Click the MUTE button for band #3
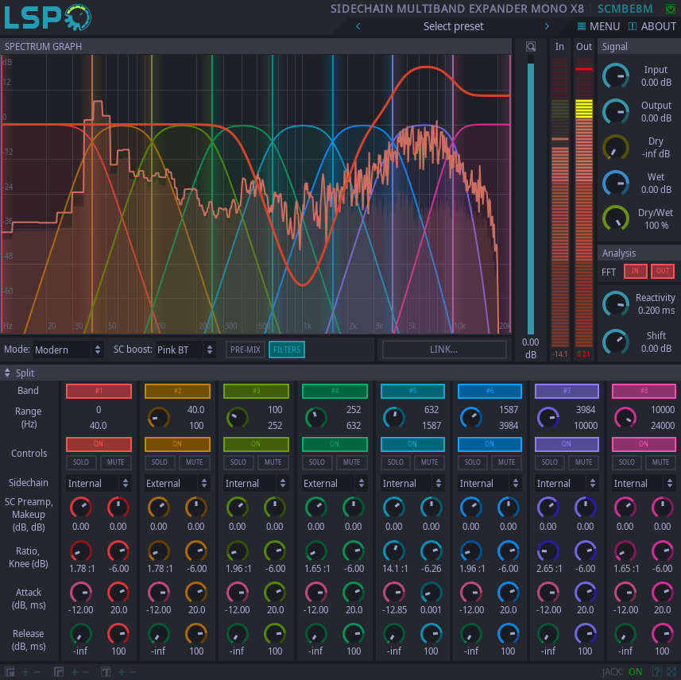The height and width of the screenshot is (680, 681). [273, 462]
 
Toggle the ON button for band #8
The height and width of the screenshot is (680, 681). [643, 444]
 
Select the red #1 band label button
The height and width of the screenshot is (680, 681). [99, 391]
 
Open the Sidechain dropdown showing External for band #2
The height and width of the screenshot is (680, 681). [177, 483]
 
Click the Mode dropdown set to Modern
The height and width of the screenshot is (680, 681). [68, 350]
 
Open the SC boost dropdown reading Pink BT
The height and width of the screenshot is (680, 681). [185, 350]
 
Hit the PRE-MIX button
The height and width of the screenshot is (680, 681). [245, 350]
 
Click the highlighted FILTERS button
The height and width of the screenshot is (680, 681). [286, 350]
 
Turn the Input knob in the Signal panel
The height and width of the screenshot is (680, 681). [614, 76]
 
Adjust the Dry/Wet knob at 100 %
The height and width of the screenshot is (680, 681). [614, 218]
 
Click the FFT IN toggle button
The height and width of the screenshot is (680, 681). [635, 272]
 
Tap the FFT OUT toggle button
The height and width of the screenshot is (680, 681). [662, 272]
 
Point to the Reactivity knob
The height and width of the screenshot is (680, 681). [614, 303]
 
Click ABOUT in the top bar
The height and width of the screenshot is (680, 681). [652, 26]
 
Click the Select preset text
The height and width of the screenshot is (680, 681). [453, 26]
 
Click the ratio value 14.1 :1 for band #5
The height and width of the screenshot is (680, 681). [393, 569]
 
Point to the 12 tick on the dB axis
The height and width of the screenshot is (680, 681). [7, 82]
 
